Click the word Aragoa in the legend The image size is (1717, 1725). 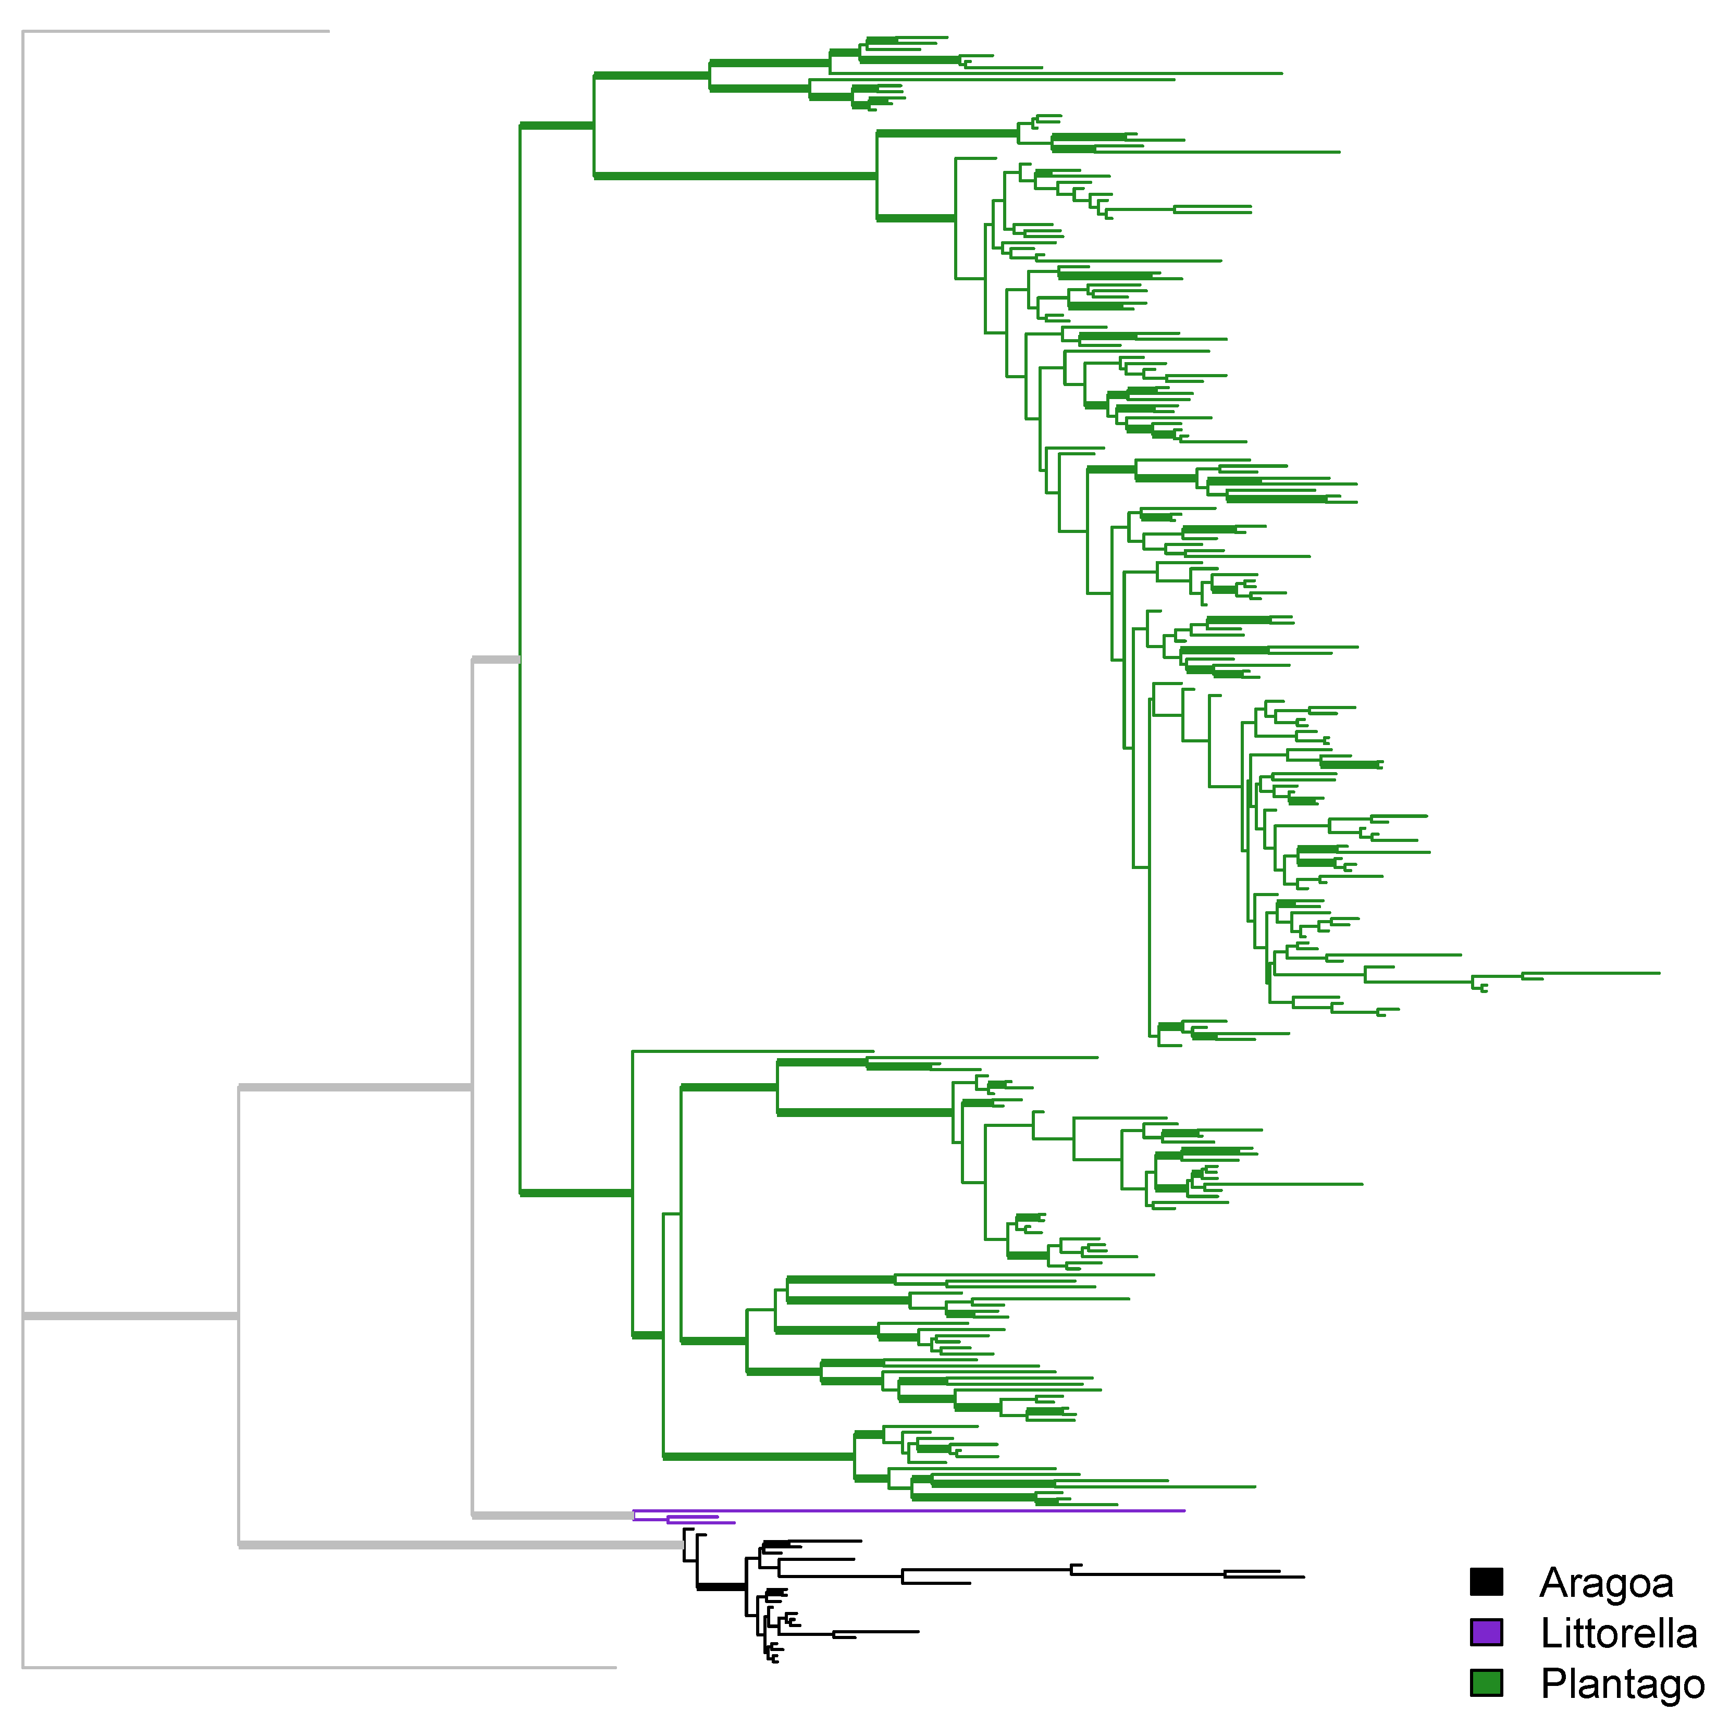[x=1605, y=1584]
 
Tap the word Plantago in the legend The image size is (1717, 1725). [x=1622, y=1684]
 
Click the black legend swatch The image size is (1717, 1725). [x=1486, y=1582]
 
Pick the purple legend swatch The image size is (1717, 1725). [x=1486, y=1633]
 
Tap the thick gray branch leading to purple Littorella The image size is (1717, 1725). [x=552, y=1515]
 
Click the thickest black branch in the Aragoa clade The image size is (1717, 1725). [x=721, y=1586]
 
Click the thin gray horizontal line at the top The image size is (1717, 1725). [x=176, y=31]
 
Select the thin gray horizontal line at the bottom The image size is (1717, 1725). [x=319, y=1667]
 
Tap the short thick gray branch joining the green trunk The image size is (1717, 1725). [x=496, y=660]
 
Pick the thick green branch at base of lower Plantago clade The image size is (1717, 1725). [x=576, y=1193]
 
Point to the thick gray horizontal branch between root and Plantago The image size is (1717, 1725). [x=354, y=1087]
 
